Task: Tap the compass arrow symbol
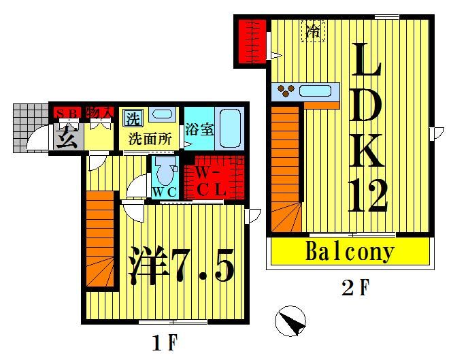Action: pyautogui.click(x=292, y=321)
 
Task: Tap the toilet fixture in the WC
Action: pyautogui.click(x=164, y=169)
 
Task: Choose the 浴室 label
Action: pyautogui.click(x=200, y=127)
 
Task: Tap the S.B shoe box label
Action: pyautogui.click(x=67, y=112)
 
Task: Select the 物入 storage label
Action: pyautogui.click(x=100, y=112)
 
